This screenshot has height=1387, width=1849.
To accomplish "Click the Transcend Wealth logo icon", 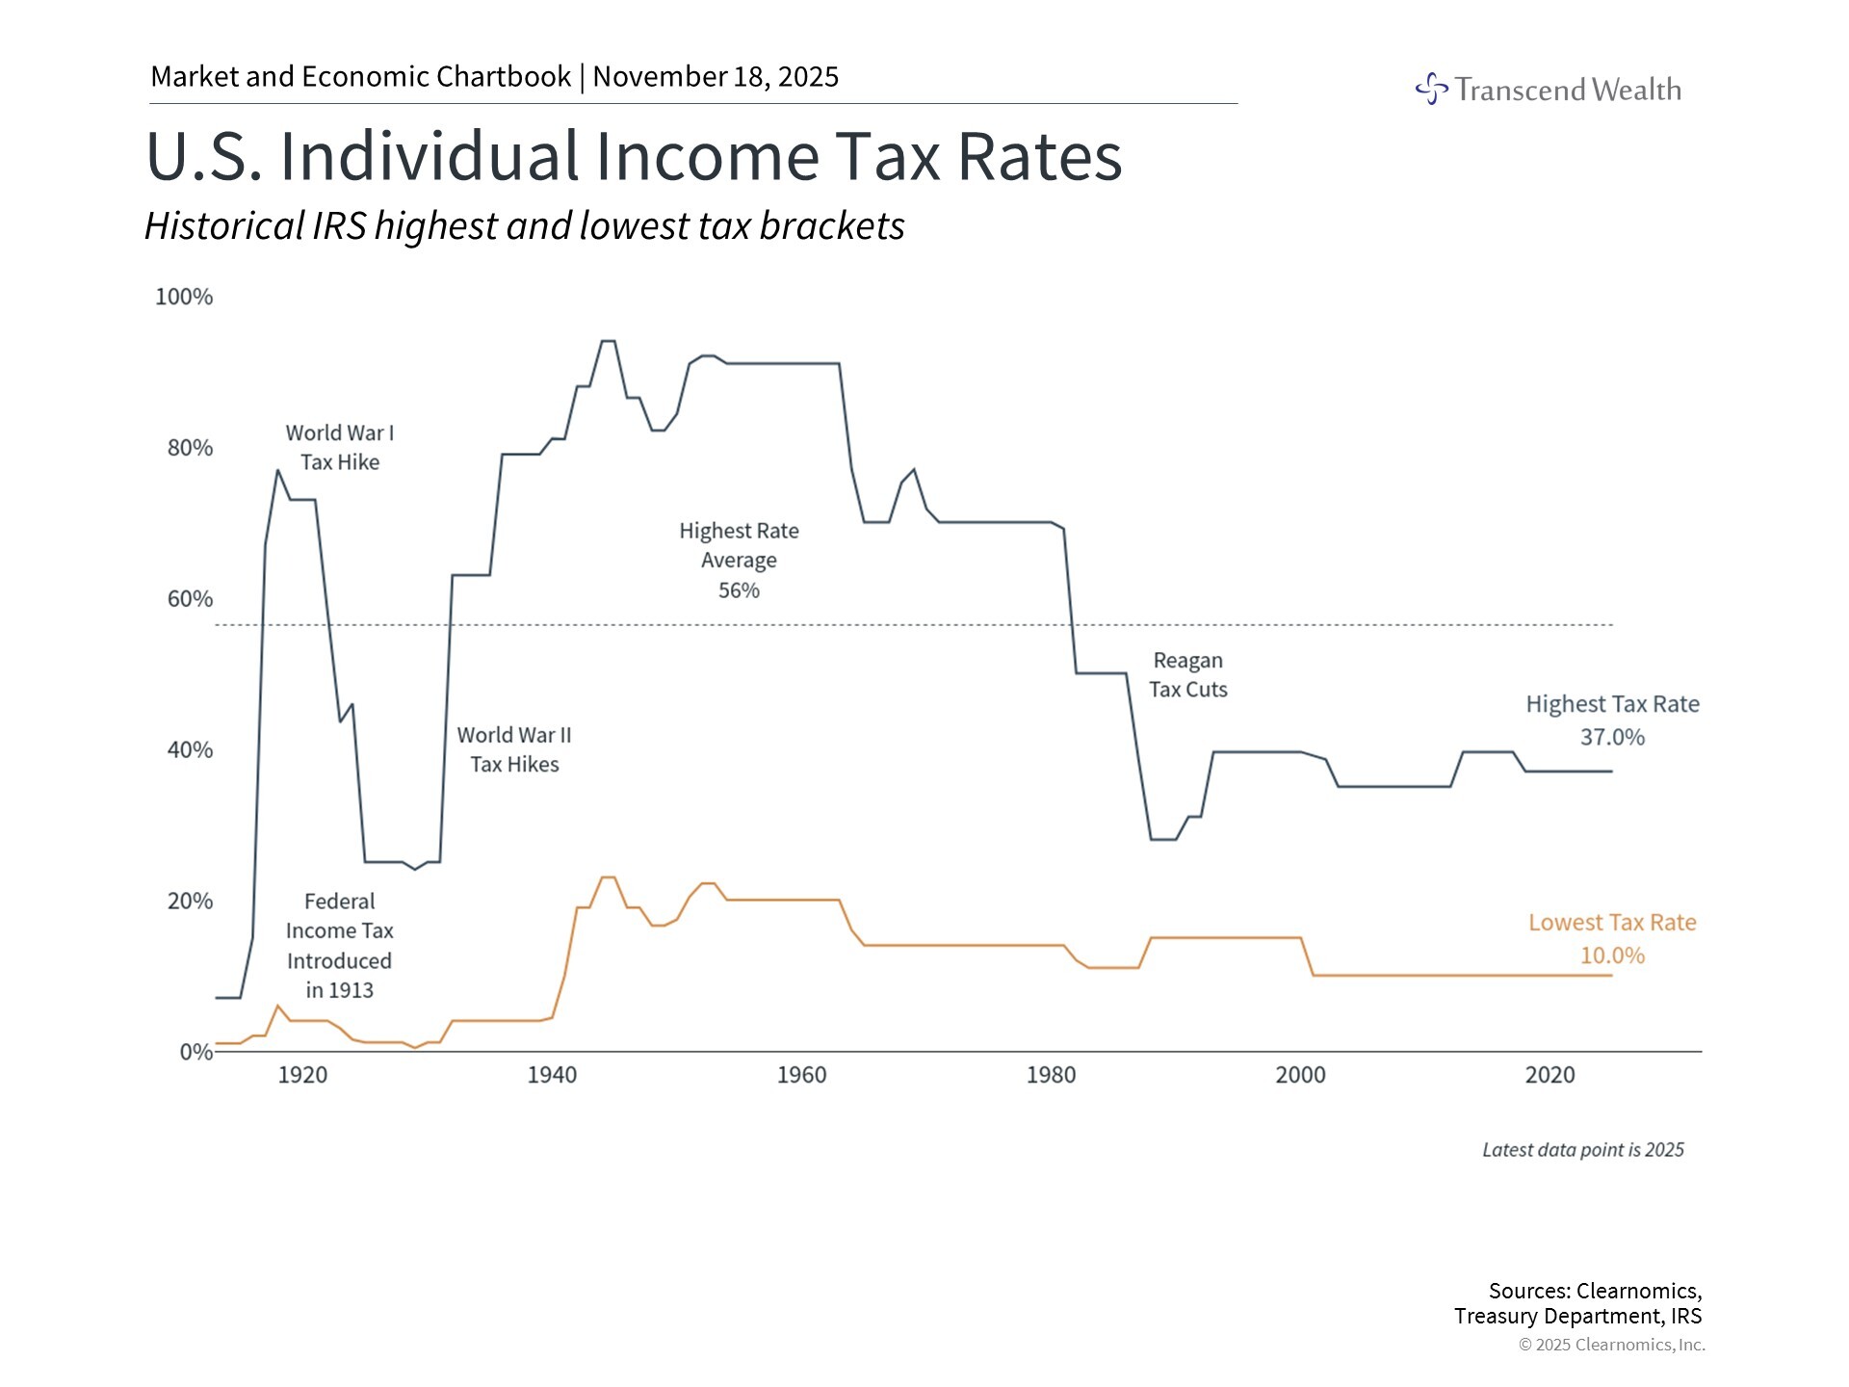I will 1431,89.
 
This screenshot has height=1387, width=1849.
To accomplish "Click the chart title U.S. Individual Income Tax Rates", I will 634,156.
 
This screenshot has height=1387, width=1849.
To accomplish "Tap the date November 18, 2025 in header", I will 716,77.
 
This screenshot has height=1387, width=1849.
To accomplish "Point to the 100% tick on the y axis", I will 184,297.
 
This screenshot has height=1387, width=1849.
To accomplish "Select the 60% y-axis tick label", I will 190,599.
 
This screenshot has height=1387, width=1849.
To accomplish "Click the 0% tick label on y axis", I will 195,1052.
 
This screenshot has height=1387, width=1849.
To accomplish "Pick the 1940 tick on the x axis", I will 552,1075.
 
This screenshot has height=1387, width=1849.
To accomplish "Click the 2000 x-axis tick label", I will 1300,1075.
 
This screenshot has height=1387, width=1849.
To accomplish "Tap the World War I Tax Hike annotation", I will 340,448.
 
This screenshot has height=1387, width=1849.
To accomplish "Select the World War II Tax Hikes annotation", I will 514,749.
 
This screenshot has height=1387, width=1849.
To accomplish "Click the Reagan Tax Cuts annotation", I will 1187,675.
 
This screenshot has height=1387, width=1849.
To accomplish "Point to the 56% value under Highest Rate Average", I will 739,590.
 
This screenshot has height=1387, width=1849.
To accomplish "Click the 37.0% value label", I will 1612,738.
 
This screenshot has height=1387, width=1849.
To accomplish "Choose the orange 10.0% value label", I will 1612,955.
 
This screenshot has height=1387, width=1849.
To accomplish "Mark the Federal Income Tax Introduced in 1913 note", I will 339,946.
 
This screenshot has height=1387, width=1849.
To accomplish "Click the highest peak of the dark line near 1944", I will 608,341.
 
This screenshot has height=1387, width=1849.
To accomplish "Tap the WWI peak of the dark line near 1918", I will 277,471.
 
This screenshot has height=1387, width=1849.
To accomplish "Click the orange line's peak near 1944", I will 608,877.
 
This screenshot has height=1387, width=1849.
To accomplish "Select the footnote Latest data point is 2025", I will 1582,1150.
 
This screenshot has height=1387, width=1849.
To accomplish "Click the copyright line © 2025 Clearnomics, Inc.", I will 1611,1345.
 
